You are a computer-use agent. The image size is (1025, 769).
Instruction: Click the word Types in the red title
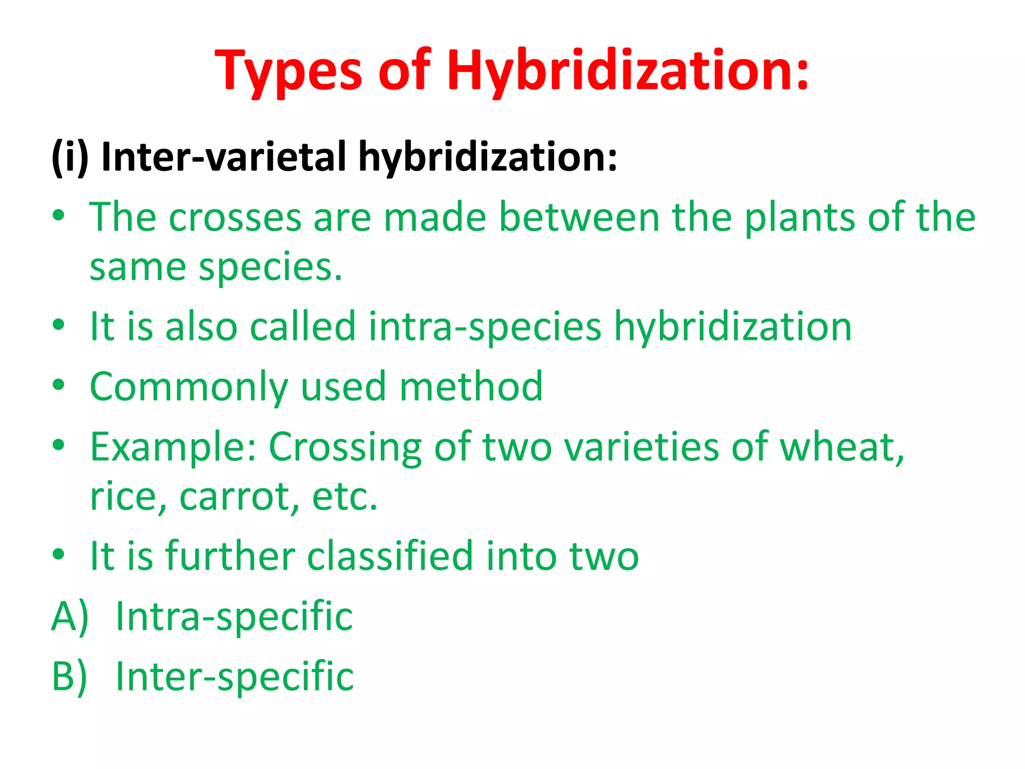tap(288, 71)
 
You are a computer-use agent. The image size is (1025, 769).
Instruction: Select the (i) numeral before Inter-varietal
tap(70, 157)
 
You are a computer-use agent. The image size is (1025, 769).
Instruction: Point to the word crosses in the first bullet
tap(235, 217)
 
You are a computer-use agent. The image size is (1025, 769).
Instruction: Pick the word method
tap(470, 387)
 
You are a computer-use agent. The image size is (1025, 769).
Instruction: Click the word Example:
tap(173, 447)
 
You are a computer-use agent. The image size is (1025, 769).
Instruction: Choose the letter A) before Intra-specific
tap(70, 616)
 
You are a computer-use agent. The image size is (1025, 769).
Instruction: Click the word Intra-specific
tap(234, 616)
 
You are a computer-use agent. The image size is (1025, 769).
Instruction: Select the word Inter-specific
tap(234, 676)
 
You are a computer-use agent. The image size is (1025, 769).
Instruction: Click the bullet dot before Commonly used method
tap(59, 386)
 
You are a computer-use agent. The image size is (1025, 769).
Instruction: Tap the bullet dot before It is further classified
tap(59, 555)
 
